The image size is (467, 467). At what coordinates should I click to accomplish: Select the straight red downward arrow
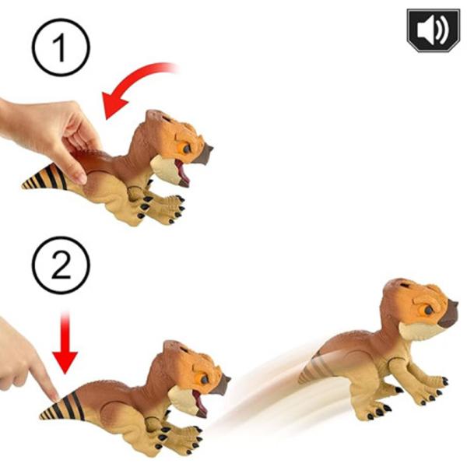click(x=66, y=342)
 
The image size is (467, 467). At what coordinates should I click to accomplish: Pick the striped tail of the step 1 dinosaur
click(x=47, y=180)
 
